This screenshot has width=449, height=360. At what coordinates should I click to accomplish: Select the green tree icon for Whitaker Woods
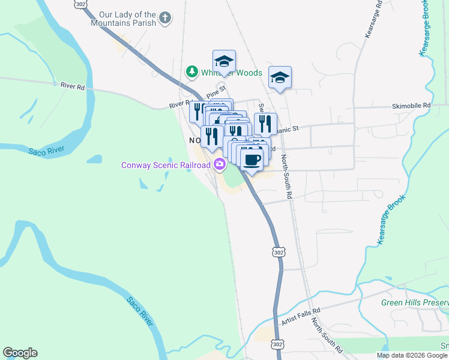coord(192,73)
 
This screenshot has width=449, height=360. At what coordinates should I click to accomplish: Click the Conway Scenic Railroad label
coord(166,164)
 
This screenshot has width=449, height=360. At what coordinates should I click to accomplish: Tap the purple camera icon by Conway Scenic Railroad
coord(220,164)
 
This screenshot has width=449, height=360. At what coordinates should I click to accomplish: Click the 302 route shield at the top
coord(82,4)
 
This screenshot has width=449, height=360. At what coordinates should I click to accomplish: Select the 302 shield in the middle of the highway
coord(277,253)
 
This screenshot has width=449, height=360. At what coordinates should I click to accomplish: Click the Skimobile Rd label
coord(411,105)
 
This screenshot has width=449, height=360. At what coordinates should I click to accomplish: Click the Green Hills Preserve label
coord(414,302)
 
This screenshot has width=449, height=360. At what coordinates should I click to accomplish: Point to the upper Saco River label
coord(46,150)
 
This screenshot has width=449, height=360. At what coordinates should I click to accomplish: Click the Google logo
coord(20,353)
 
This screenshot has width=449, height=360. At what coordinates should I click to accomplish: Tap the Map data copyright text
coord(412,355)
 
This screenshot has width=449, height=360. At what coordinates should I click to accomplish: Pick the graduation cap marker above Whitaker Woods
coord(224,61)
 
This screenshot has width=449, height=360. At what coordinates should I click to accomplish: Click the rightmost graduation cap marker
coord(280,77)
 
